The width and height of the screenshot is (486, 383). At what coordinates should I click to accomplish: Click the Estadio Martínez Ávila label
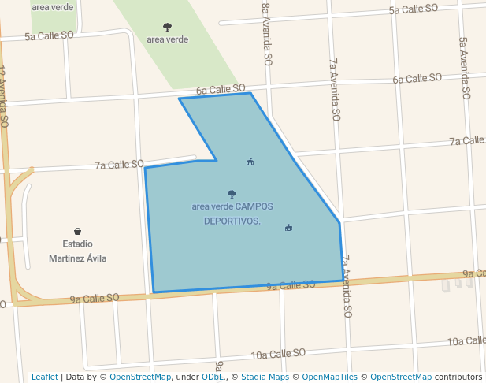tap(77, 251)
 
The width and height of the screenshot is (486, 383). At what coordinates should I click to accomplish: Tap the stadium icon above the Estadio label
tap(78, 231)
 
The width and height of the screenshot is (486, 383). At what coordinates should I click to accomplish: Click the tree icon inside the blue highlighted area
tap(232, 193)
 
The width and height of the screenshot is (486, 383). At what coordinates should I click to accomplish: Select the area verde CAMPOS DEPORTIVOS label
tap(232, 214)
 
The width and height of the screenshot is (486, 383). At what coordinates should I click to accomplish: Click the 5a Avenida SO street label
tap(465, 68)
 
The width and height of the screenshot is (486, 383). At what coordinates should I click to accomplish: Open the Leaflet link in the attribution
tap(44, 377)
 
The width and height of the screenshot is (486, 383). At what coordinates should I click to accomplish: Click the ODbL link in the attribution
tap(212, 377)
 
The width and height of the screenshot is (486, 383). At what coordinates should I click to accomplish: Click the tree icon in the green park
tap(167, 27)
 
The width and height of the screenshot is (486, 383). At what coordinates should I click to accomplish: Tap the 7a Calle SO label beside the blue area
tap(119, 165)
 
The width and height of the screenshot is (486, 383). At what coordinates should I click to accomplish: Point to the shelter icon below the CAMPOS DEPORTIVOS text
tap(289, 228)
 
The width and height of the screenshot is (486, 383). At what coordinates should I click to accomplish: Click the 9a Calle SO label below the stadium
tap(94, 299)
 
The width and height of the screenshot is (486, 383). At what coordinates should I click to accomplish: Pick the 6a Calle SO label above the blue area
tap(221, 89)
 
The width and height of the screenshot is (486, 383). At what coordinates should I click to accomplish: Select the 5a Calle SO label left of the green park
tap(49, 36)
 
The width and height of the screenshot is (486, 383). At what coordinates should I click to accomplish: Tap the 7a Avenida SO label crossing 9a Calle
tap(345, 285)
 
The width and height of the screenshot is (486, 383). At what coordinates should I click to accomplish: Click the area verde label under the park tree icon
tap(167, 39)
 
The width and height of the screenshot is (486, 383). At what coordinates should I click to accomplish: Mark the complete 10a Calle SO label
tap(278, 354)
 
